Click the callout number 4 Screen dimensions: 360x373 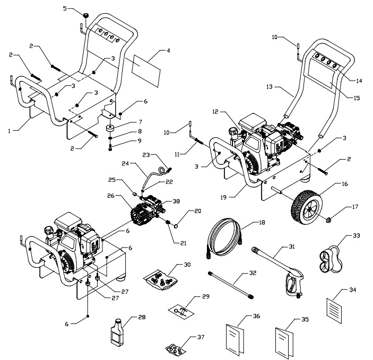(168, 51)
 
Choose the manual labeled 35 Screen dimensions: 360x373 (284, 338)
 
